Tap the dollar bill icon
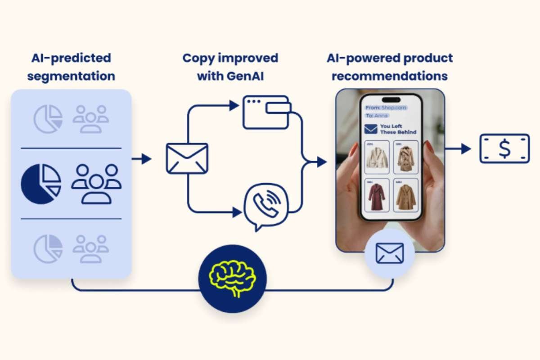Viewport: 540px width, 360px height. tap(504, 148)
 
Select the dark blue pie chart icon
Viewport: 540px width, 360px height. tap(41, 184)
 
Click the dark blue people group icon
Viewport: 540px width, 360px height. tap(96, 184)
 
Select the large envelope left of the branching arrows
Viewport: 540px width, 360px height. tap(187, 158)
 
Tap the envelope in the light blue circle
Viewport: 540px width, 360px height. tap(390, 252)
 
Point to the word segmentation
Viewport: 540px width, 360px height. tap(71, 76)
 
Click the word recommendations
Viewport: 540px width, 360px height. tap(390, 76)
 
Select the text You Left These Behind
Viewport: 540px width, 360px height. tap(398, 129)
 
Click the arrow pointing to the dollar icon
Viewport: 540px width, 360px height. tap(458, 148)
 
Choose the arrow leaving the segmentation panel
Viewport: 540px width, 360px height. tap(141, 158)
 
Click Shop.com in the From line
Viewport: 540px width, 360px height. tap(394, 108)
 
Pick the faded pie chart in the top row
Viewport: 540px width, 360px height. tap(48, 119)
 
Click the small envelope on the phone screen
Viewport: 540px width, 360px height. tap(370, 129)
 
